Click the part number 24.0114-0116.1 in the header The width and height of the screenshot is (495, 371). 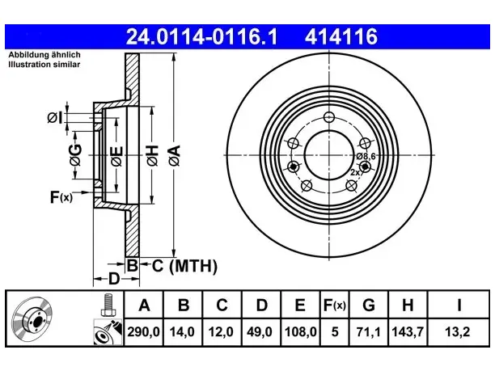tap(201, 36)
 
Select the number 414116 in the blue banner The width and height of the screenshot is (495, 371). tap(341, 36)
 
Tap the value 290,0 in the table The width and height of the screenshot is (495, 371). tap(144, 332)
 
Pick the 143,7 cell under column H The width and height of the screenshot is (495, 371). tap(408, 332)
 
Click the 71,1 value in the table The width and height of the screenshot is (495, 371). tap(369, 332)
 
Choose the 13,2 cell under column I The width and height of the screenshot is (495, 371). tap(458, 332)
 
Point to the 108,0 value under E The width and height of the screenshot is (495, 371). tap(301, 332)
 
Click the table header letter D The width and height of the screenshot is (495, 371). tap(262, 305)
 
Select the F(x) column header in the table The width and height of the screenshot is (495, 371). tap(335, 305)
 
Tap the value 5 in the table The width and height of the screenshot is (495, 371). tap(335, 332)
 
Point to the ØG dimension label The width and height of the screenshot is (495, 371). tap(76, 155)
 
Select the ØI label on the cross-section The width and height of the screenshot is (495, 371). tap(55, 118)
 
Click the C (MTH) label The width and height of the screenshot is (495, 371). tap(184, 266)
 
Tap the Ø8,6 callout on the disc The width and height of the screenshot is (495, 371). tap(366, 156)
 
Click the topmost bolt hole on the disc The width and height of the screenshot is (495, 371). tap(329, 117)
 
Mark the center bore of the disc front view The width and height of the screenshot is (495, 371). tap(329, 155)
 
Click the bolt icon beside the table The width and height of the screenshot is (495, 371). tap(108, 305)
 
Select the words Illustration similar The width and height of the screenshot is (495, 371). tap(44, 65)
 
